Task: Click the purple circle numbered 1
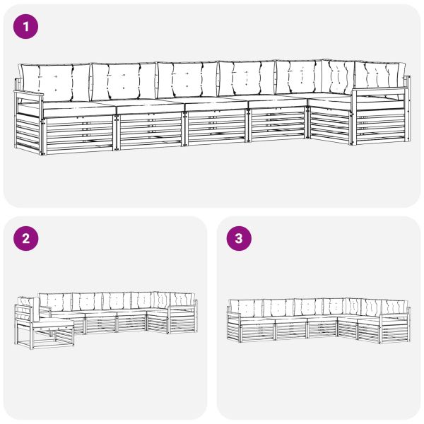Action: click(x=25, y=27)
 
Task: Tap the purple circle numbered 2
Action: click(x=25, y=239)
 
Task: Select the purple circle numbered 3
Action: click(x=239, y=239)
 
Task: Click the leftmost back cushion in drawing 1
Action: click(x=55, y=82)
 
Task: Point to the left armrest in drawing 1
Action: click(x=28, y=95)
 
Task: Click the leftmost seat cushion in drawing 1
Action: click(x=79, y=108)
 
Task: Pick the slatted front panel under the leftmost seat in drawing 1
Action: click(x=79, y=134)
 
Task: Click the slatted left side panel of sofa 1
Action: click(x=28, y=131)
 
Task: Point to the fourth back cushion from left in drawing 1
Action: click(x=247, y=78)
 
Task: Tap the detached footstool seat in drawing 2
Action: click(x=54, y=323)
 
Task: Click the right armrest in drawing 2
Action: click(x=182, y=307)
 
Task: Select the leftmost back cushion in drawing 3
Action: click(x=245, y=309)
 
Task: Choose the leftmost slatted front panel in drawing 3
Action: click(x=257, y=331)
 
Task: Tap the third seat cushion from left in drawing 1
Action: click(x=216, y=104)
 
